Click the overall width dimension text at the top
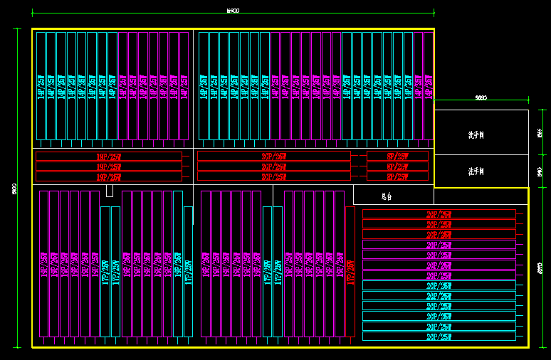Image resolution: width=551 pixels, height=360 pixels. [232, 10]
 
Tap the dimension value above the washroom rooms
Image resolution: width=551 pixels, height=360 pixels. [481, 97]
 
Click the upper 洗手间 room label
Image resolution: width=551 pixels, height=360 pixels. [476, 134]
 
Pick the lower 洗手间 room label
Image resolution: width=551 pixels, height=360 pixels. [476, 171]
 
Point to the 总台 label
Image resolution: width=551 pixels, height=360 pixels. [387, 196]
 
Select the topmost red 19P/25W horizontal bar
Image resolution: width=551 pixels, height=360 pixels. [109, 157]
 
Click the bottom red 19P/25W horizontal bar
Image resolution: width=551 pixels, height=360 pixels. [109, 176]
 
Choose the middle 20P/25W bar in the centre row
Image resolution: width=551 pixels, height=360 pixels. [274, 166]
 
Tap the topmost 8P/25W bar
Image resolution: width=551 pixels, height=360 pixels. [398, 157]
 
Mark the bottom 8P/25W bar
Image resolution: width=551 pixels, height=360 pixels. [398, 176]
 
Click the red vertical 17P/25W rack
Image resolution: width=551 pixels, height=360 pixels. [350, 271]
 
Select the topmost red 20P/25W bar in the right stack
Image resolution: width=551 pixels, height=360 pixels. [439, 214]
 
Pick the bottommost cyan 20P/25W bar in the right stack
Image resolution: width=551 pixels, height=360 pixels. [439, 337]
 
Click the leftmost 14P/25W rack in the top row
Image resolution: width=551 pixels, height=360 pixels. [41, 86]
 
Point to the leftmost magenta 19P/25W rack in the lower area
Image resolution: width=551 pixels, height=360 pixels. [43, 264]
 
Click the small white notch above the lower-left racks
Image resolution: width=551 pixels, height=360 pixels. [109, 191]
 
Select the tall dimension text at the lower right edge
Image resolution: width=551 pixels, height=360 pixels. [539, 268]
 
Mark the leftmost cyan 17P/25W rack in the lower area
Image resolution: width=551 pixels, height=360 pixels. [105, 271]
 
